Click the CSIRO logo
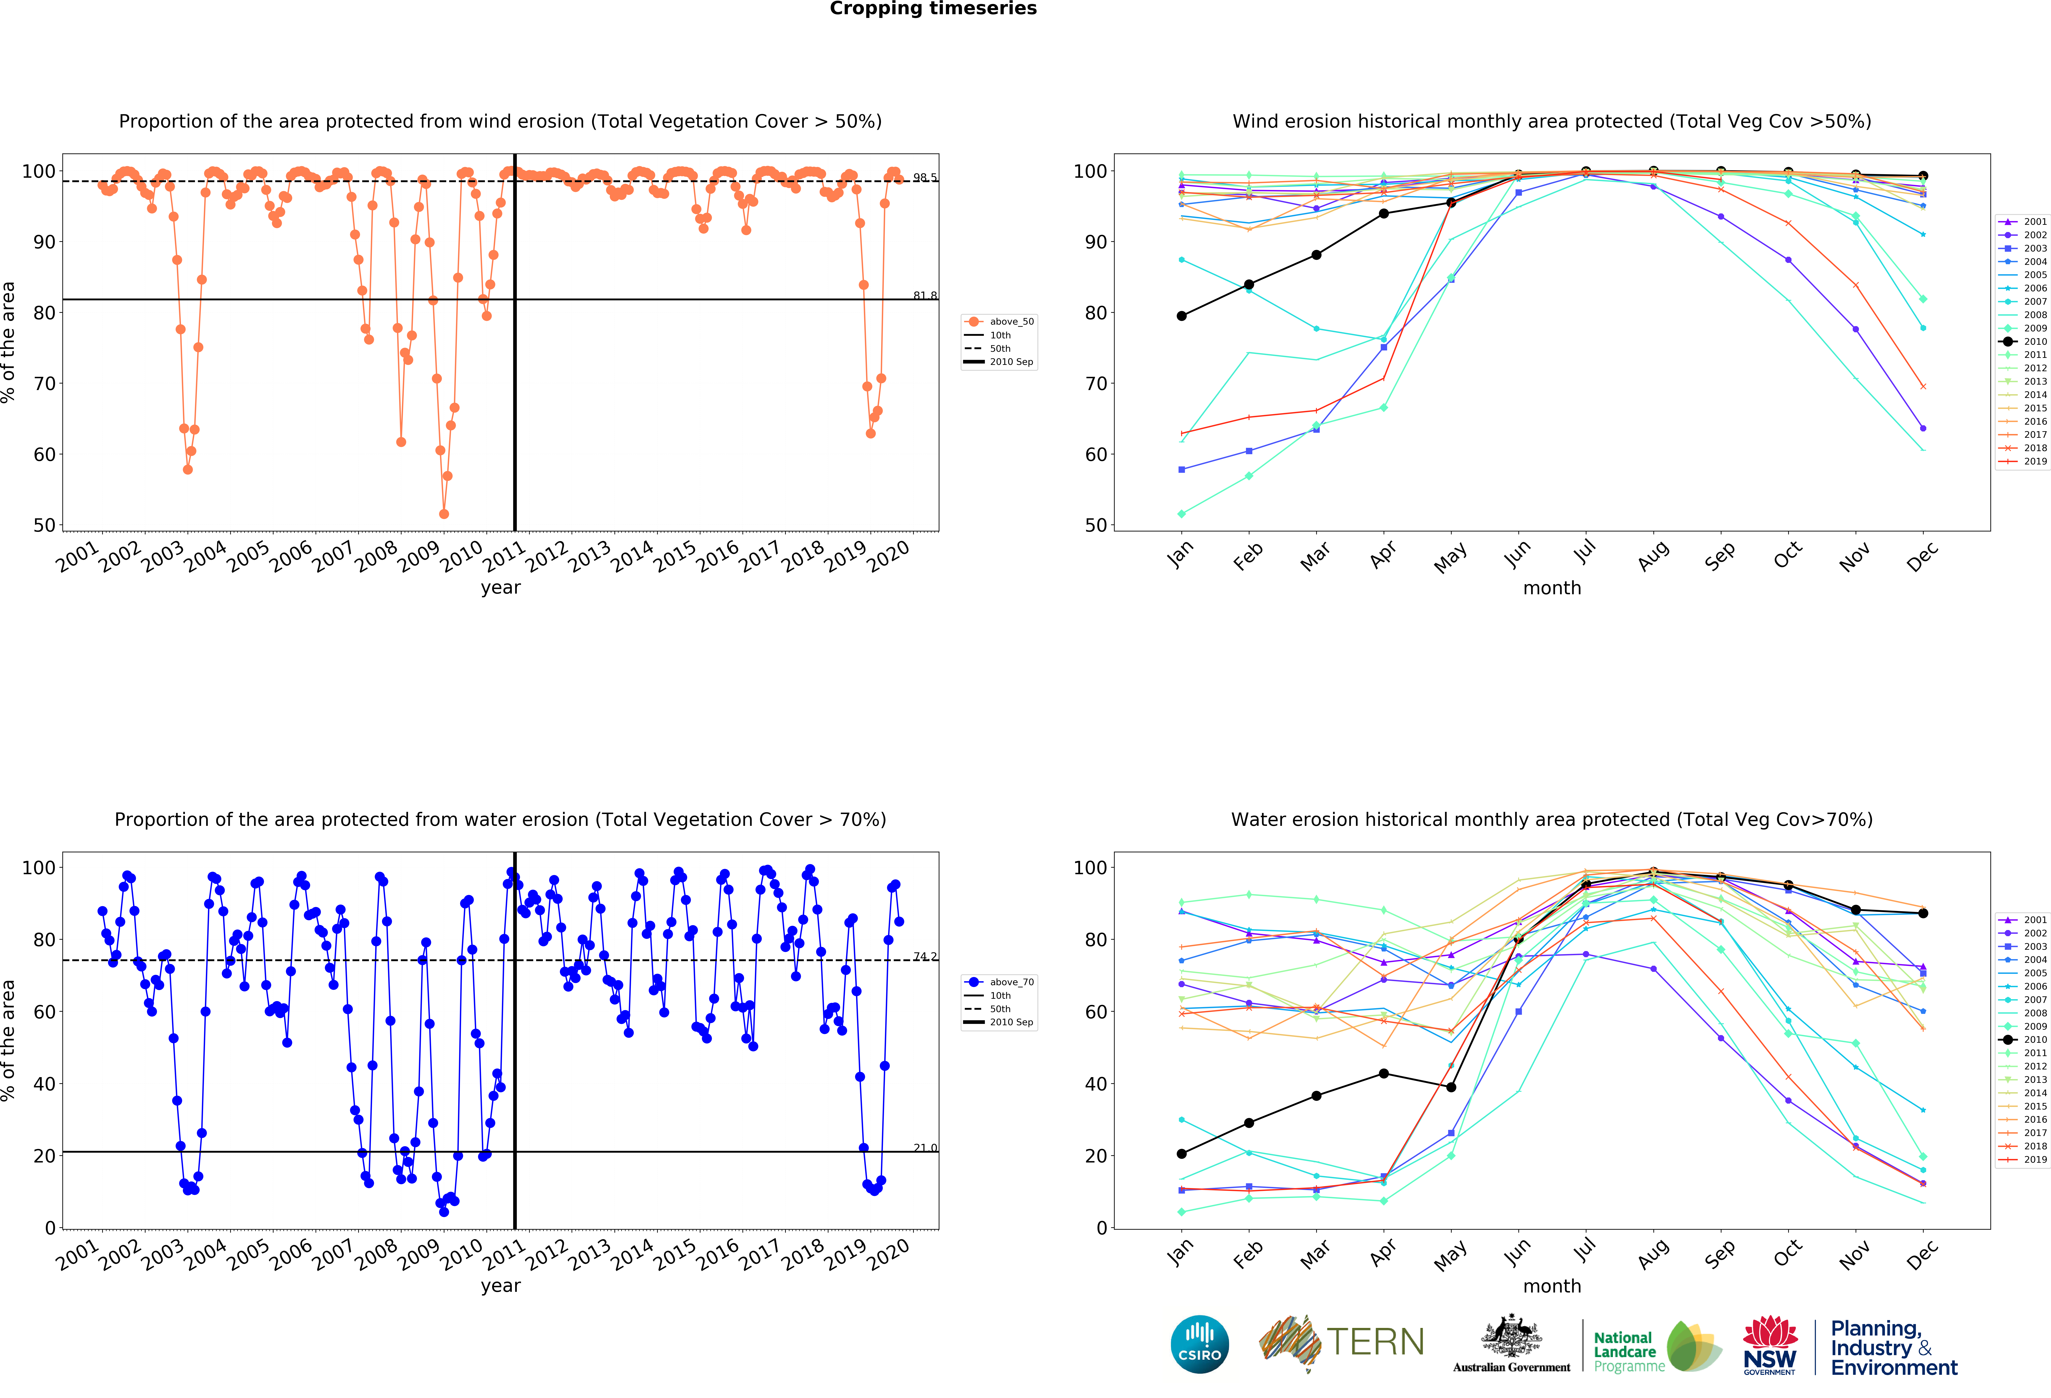(1199, 1344)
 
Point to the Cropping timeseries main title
(933, 9)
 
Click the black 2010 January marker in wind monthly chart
(1182, 316)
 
